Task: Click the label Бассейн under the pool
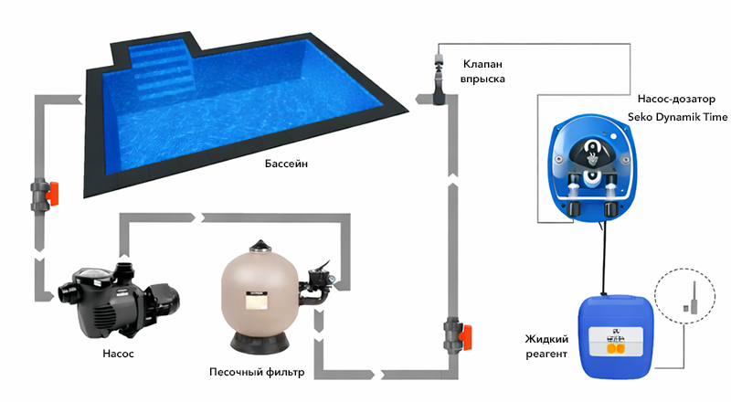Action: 286,164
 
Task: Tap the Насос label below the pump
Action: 118,354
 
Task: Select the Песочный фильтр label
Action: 257,372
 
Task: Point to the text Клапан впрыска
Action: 482,71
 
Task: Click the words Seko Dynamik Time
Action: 677,117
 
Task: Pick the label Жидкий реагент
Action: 546,346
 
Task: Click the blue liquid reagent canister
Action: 616,337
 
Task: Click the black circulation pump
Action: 119,301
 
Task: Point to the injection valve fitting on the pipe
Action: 439,78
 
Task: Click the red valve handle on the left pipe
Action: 51,194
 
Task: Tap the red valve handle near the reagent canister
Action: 465,338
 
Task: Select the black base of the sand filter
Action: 260,344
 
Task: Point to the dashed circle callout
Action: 684,269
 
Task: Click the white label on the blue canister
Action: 616,340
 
